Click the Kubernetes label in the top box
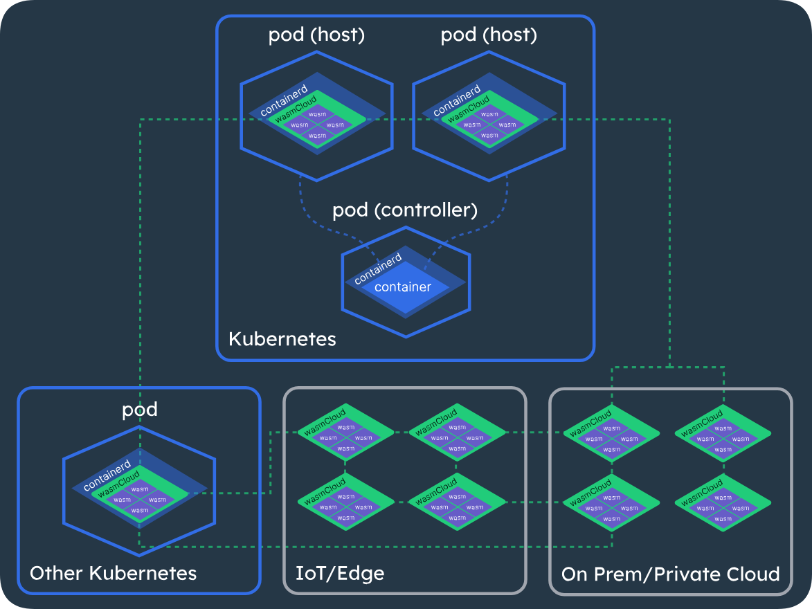(282, 339)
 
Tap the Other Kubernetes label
(114, 573)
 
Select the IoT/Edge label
(339, 573)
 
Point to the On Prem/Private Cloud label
(670, 574)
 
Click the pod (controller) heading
(405, 210)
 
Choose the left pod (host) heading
(316, 35)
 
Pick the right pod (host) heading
(489, 35)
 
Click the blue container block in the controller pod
(403, 287)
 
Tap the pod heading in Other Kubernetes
(140, 410)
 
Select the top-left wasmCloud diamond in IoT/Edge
(345, 433)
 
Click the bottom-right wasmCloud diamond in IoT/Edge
(458, 501)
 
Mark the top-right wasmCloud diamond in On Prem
(723, 433)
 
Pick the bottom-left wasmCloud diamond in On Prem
(611, 501)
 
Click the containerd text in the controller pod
(378, 269)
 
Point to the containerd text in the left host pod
(283, 101)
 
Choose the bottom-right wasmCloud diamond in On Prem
(723, 501)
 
